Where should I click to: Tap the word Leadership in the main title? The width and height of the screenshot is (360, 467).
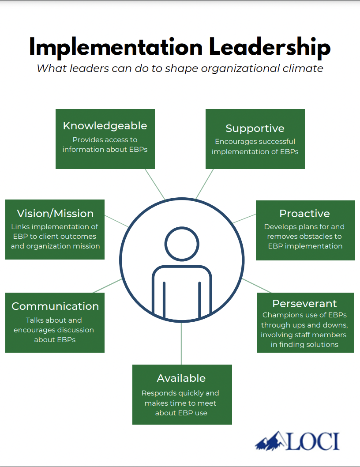pos(270,47)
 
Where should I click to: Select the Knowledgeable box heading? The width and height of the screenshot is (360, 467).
pos(105,126)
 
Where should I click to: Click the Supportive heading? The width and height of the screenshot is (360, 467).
pos(255,128)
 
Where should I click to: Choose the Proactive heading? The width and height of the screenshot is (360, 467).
pos(304,214)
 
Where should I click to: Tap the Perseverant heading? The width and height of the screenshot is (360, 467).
pos(304,304)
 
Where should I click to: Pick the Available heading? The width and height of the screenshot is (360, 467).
pos(181,378)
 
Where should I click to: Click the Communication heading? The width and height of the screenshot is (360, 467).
pos(55,306)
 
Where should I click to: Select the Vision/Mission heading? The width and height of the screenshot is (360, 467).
pos(55,214)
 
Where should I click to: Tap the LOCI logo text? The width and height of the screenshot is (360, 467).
pos(313,441)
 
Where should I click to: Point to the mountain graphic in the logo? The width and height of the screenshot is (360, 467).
pos(270,441)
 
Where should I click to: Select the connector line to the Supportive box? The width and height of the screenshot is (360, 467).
pos(205,184)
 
